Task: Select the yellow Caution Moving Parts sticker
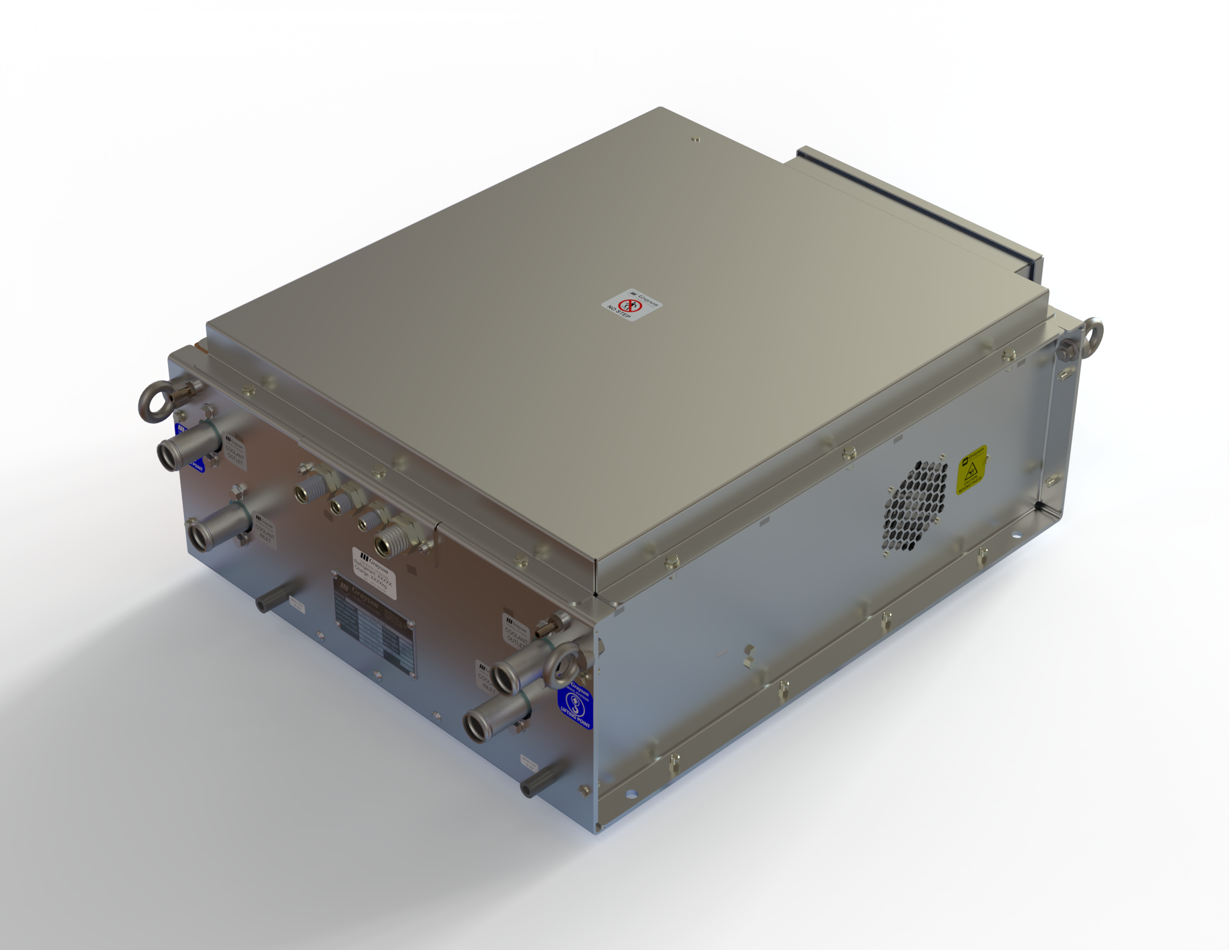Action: coord(971,470)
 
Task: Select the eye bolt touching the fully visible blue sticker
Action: coord(561,664)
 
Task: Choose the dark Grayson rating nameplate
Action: coord(374,625)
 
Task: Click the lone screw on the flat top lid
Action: coord(696,139)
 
